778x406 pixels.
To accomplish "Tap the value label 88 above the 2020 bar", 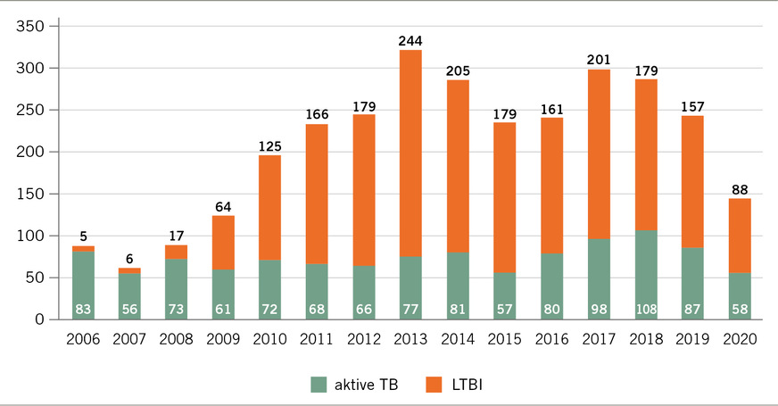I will (740, 188).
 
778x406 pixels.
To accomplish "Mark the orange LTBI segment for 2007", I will (130, 270).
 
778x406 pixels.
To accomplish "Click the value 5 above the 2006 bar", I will (84, 236).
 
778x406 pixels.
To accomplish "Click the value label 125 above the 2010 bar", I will (270, 145).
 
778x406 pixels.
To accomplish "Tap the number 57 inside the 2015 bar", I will (505, 309).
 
